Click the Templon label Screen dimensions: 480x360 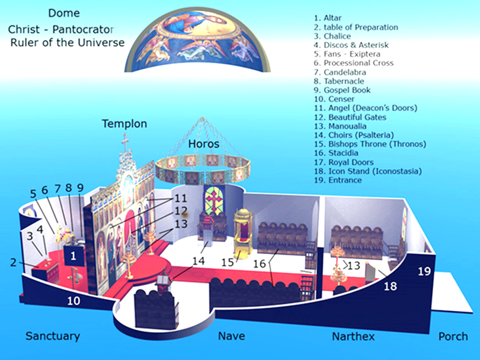point(124,124)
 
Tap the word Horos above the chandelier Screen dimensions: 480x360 point(204,144)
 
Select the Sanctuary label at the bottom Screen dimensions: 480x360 point(53,336)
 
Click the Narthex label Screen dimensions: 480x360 point(353,336)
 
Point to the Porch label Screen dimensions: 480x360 point(453,336)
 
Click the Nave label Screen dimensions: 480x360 point(232,336)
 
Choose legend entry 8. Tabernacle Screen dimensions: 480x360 point(339,81)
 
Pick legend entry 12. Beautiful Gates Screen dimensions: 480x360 point(350,117)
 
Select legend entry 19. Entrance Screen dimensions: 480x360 point(338,180)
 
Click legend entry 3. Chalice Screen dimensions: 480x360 point(332,36)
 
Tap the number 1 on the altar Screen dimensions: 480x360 point(73,256)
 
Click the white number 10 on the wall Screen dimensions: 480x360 point(73,301)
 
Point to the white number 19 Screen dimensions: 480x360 point(424,271)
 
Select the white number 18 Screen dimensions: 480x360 point(391,287)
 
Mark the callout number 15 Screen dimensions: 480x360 point(228,262)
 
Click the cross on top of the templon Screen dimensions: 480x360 point(125,142)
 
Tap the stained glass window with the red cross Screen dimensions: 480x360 point(215,201)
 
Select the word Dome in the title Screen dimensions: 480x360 point(64,13)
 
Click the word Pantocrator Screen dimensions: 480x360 point(83,30)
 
